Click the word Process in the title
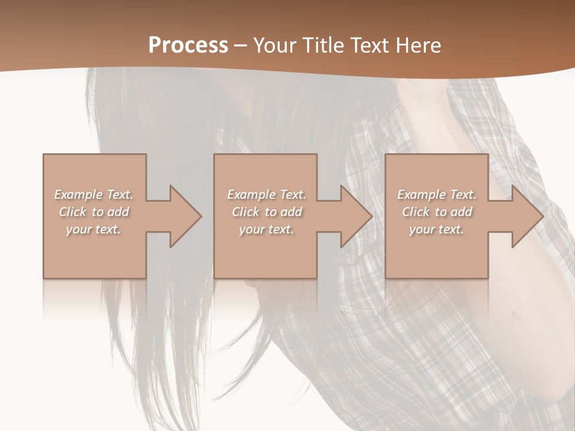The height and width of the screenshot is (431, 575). [188, 45]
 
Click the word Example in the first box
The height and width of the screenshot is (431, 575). [78, 195]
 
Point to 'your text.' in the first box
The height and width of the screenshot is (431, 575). [93, 229]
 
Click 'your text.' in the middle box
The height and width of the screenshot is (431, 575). [266, 229]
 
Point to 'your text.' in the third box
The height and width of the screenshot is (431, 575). [436, 229]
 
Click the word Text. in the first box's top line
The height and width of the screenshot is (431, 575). [119, 195]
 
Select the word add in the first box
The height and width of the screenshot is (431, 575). [119, 212]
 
